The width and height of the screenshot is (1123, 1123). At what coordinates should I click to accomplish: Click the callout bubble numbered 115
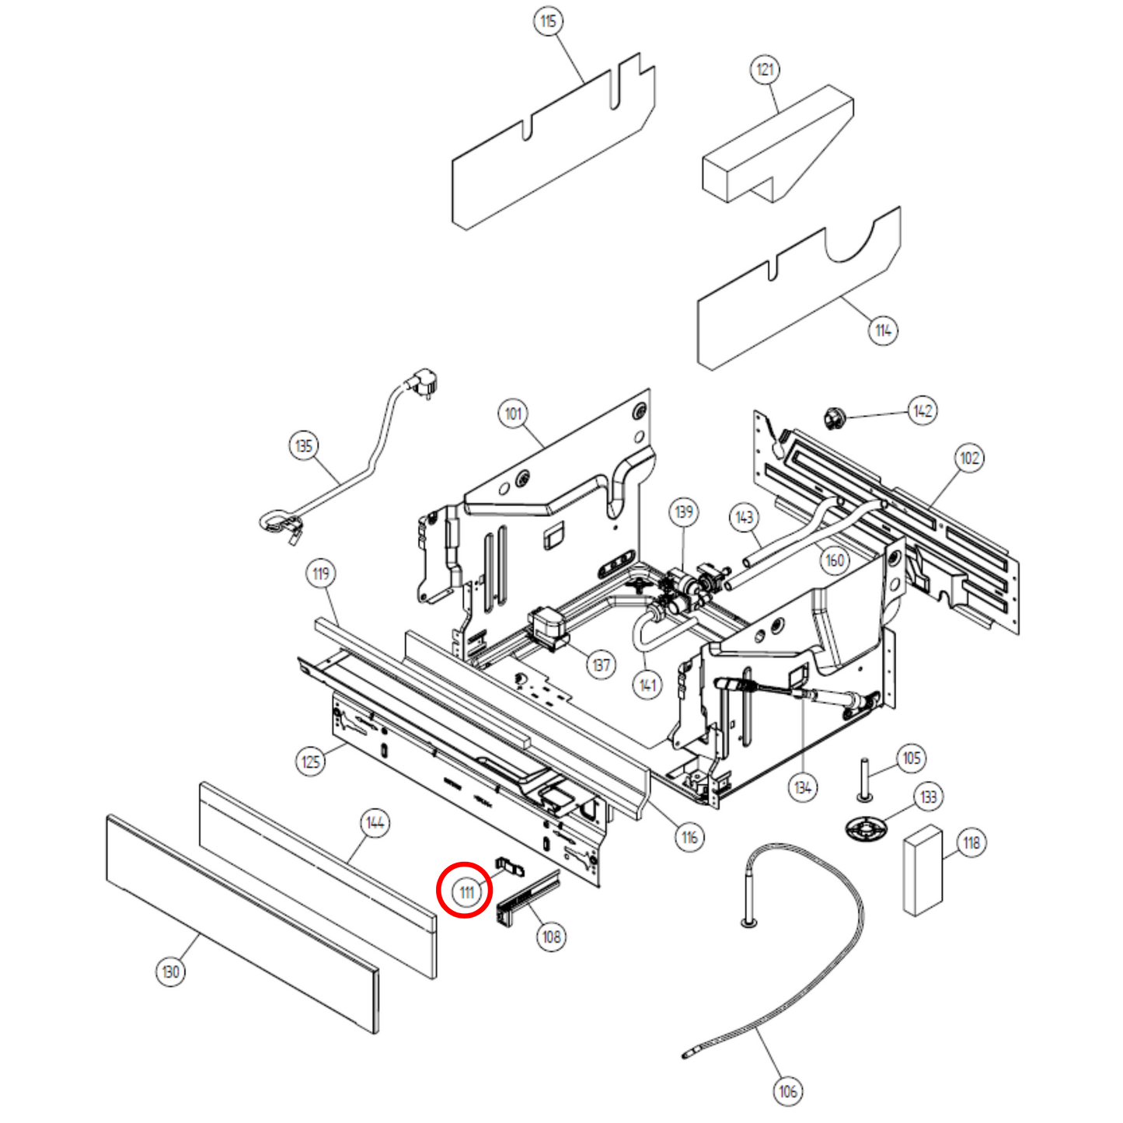(549, 21)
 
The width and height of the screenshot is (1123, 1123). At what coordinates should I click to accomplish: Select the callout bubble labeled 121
(766, 70)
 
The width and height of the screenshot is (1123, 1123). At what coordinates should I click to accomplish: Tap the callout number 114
(883, 330)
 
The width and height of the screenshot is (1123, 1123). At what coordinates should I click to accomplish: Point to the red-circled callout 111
(466, 891)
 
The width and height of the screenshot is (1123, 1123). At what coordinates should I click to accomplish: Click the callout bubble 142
(922, 410)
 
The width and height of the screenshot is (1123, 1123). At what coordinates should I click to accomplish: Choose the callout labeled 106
(788, 1091)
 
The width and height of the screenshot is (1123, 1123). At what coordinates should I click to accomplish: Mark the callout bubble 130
(171, 971)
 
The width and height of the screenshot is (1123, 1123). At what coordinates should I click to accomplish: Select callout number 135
(304, 445)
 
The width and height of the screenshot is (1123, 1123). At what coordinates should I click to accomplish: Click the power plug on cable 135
(424, 382)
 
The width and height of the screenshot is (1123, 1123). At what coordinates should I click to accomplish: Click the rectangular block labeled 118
(922, 870)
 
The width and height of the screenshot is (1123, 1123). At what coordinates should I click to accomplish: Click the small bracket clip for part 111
(509, 865)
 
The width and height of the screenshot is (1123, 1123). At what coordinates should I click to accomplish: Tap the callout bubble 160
(835, 560)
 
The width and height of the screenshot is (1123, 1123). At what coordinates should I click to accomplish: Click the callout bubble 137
(602, 665)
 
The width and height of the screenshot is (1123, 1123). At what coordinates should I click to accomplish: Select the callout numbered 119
(321, 574)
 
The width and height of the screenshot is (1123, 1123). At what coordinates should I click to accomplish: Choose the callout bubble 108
(552, 936)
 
